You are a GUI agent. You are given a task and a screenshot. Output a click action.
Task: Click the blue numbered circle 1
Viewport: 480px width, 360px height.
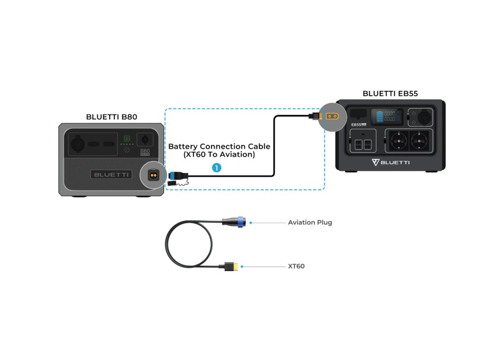click(216, 167)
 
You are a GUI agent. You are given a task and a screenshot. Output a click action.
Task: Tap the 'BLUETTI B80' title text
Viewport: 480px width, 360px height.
click(112, 117)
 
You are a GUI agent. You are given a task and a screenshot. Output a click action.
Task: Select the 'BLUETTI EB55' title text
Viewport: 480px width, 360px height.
click(390, 94)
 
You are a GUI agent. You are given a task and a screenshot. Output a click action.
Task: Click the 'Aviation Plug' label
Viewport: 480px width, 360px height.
click(310, 222)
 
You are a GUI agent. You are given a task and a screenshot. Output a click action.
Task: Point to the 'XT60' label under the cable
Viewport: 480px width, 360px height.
click(296, 266)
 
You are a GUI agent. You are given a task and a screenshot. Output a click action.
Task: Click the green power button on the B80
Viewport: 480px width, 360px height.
click(126, 138)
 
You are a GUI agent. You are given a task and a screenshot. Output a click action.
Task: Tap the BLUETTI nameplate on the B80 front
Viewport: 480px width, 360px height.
click(111, 174)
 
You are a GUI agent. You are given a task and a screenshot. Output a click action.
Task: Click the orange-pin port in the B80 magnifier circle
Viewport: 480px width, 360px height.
click(152, 174)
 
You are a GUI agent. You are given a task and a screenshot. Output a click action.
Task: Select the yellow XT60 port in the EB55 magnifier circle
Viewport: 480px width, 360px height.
click(332, 116)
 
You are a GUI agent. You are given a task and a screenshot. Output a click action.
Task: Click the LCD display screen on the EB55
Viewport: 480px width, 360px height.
click(386, 117)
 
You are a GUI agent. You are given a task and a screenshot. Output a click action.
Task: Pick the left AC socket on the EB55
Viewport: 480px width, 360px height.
click(397, 141)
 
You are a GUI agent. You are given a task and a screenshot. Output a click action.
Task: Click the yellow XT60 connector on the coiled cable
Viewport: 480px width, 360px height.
click(232, 267)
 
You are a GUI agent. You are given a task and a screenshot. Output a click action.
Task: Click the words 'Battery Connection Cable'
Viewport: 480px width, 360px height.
click(219, 147)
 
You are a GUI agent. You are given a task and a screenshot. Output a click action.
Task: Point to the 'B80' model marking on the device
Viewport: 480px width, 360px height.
click(145, 151)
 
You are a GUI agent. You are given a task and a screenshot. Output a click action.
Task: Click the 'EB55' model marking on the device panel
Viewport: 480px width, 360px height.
click(357, 125)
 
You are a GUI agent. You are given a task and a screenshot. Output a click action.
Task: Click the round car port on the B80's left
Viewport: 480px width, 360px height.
click(75, 143)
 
